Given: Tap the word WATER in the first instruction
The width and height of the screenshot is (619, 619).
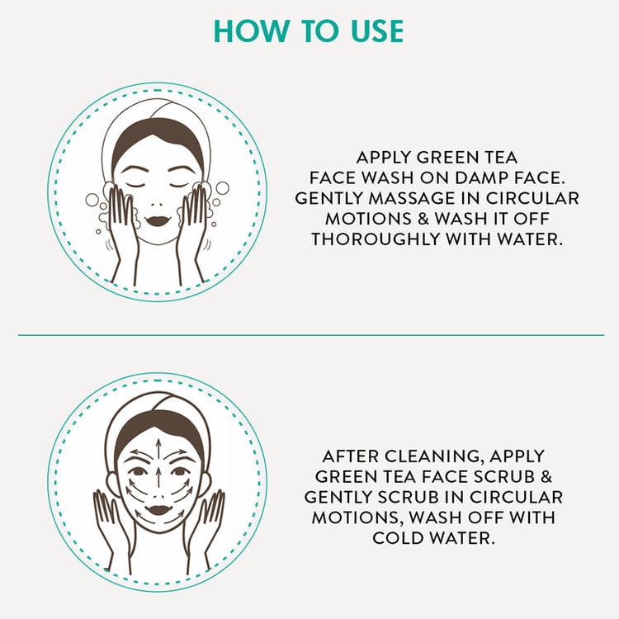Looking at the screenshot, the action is [530, 239].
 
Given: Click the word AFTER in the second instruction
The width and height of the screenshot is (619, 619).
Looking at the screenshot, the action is [350, 456].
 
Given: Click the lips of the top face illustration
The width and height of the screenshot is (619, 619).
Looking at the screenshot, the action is [157, 220].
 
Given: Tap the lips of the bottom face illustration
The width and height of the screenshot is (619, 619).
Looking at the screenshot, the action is [158, 510].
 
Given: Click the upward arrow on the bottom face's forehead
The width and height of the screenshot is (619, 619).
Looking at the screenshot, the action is [158, 449].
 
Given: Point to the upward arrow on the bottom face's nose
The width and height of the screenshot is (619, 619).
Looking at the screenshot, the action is [158, 477].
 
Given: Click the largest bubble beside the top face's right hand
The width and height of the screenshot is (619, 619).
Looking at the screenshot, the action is [222, 188].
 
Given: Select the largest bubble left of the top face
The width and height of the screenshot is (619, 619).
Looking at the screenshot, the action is [92, 200].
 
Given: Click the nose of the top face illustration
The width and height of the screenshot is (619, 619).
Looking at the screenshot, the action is [157, 205].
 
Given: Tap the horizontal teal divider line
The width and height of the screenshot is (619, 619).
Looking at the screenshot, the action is [311, 335].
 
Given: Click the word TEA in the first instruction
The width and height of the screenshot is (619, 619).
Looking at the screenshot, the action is [501, 158].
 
